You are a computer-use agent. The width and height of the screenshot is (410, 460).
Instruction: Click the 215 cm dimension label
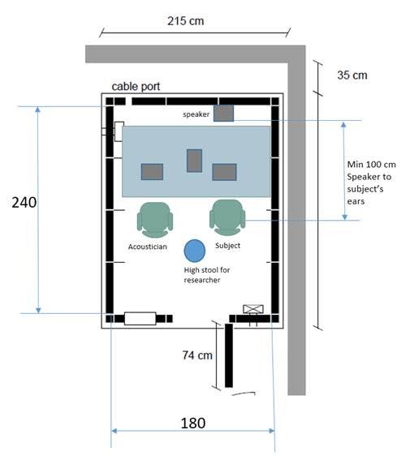click(185, 21)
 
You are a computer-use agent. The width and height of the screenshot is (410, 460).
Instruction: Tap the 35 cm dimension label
click(352, 75)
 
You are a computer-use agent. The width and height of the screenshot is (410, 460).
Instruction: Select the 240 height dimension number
click(24, 203)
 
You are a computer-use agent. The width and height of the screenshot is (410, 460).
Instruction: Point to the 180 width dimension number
click(193, 423)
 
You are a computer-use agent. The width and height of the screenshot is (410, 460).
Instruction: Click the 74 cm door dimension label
click(197, 355)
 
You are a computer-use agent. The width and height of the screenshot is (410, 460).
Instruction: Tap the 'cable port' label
click(136, 87)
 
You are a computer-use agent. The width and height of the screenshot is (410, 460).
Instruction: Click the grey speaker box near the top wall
click(223, 114)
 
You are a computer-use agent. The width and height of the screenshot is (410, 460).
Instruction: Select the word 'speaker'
click(196, 114)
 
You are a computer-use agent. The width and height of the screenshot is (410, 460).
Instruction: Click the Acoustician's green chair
click(155, 220)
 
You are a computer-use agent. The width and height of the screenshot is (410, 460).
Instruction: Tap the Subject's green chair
click(227, 217)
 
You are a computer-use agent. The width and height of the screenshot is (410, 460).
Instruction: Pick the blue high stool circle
click(195, 251)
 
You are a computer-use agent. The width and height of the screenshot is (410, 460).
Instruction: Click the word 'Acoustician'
click(148, 247)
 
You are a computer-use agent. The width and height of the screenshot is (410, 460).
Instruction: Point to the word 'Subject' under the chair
click(228, 246)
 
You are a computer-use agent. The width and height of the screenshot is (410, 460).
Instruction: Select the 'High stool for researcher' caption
click(207, 275)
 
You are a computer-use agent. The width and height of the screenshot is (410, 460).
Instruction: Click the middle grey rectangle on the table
click(194, 161)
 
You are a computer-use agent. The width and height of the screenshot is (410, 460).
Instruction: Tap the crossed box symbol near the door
click(253, 309)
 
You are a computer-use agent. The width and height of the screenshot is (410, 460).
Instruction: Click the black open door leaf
click(229, 355)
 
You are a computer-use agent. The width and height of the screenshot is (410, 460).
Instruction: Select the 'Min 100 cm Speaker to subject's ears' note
click(371, 183)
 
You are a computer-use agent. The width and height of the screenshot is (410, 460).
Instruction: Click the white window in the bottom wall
click(140, 319)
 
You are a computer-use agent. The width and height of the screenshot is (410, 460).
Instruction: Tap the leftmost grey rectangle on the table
click(152, 172)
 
